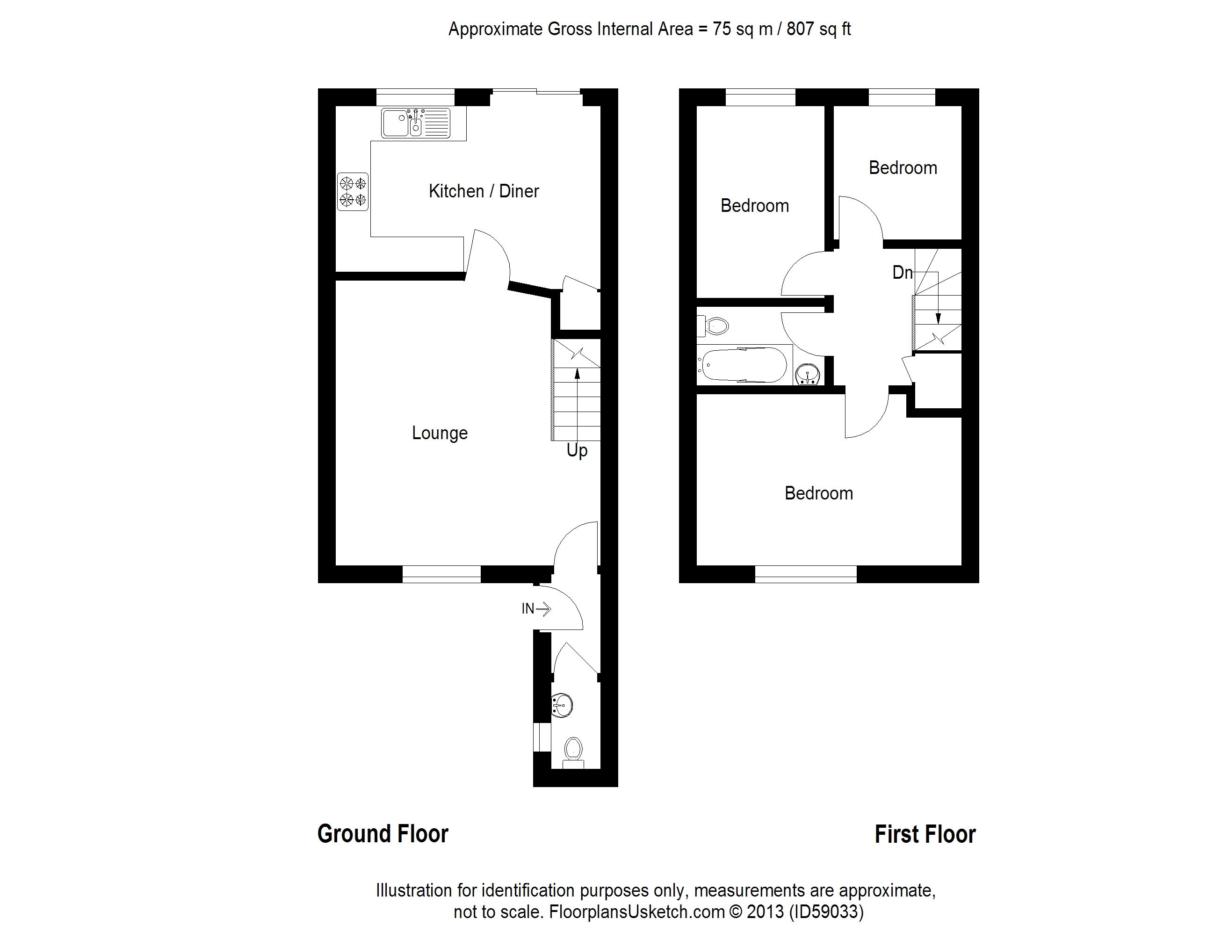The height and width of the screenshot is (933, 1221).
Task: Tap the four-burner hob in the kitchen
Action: click(353, 192)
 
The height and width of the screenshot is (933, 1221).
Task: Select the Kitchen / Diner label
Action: click(484, 191)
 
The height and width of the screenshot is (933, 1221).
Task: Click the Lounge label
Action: click(440, 433)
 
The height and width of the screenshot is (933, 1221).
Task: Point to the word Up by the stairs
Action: click(577, 450)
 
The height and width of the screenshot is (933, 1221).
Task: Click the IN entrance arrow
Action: click(536, 609)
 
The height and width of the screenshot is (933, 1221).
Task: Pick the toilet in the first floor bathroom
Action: click(714, 326)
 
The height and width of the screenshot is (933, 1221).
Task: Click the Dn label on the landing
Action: click(902, 273)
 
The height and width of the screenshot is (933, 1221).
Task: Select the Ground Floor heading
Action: click(383, 834)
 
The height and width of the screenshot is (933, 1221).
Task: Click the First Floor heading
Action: click(925, 834)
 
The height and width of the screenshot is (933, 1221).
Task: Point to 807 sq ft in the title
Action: click(818, 29)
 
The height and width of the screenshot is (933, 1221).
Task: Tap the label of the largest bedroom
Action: click(818, 493)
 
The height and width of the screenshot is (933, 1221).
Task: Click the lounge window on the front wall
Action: click(441, 574)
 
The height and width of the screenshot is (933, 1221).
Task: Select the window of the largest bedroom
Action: click(806, 574)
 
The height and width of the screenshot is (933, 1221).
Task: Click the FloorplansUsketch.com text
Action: click(637, 912)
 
